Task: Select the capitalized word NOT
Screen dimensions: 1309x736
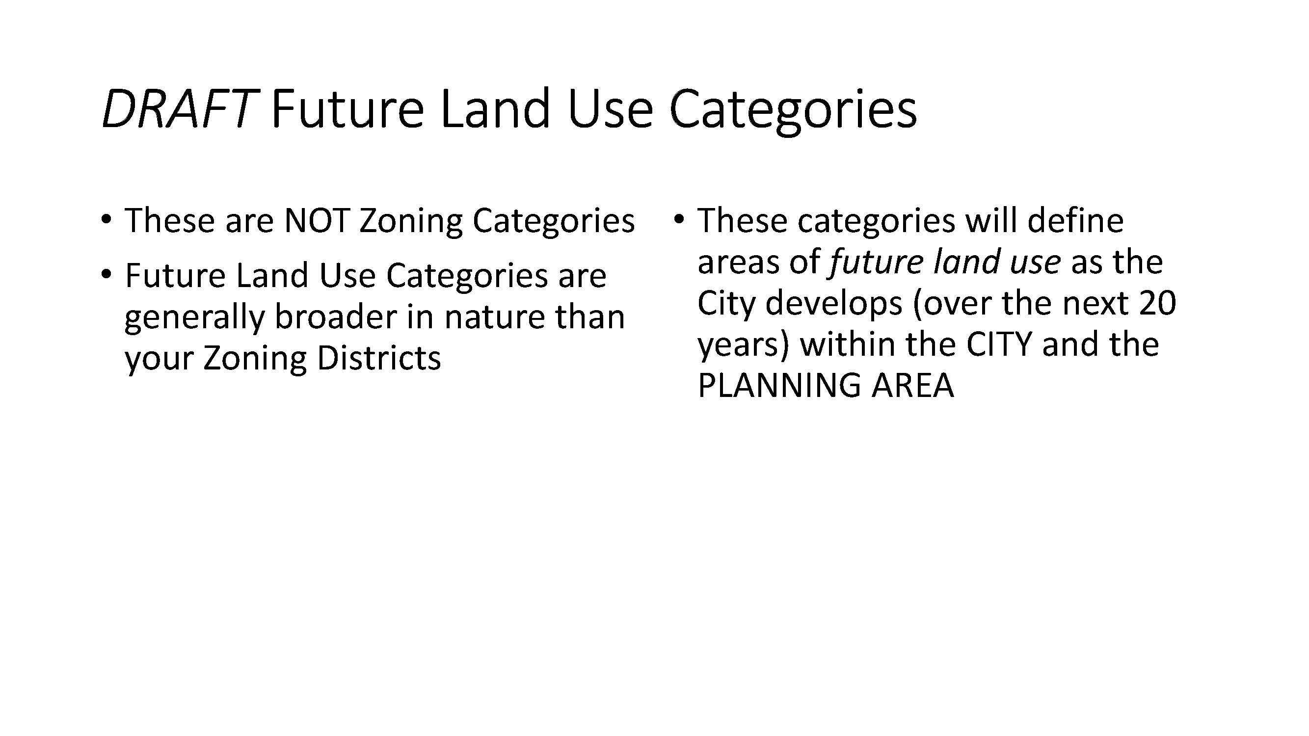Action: pyautogui.click(x=316, y=221)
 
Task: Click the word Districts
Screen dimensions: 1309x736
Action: pyautogui.click(x=378, y=358)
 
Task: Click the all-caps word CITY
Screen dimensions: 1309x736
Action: pyautogui.click(x=998, y=344)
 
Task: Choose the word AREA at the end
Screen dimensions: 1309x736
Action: pyautogui.click(x=912, y=386)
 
